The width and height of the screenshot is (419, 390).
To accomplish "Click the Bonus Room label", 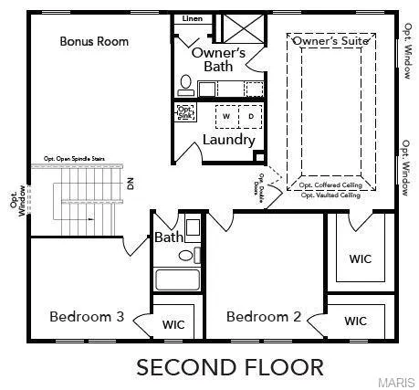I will pos(94,41).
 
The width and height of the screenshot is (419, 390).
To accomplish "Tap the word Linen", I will pos(193,18).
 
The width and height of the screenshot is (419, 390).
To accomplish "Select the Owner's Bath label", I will pos(218,59).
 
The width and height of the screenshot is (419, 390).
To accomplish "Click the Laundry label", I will pos(228,141).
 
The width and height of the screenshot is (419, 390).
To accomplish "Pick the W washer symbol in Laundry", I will pos(225,117).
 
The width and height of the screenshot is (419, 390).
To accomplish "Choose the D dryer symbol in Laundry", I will pos(250,117).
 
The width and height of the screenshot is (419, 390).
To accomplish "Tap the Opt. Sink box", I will pos(184,113).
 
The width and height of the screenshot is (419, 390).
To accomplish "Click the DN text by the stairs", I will pos(131,184).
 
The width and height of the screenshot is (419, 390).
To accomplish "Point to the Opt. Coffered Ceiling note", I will pos(330,185).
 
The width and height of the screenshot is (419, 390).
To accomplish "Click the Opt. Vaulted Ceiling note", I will pos(330,195).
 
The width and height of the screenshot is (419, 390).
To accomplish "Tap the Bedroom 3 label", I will pos(87,317).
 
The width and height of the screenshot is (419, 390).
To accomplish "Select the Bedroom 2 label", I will pos(264,317).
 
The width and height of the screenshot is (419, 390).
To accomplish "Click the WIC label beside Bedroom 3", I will pos(173,324).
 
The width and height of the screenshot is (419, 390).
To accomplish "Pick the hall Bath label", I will pos(168,237).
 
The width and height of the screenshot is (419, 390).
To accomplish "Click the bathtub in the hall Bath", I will pos(177,279).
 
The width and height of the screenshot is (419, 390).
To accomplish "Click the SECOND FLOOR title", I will pos(229,367).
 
